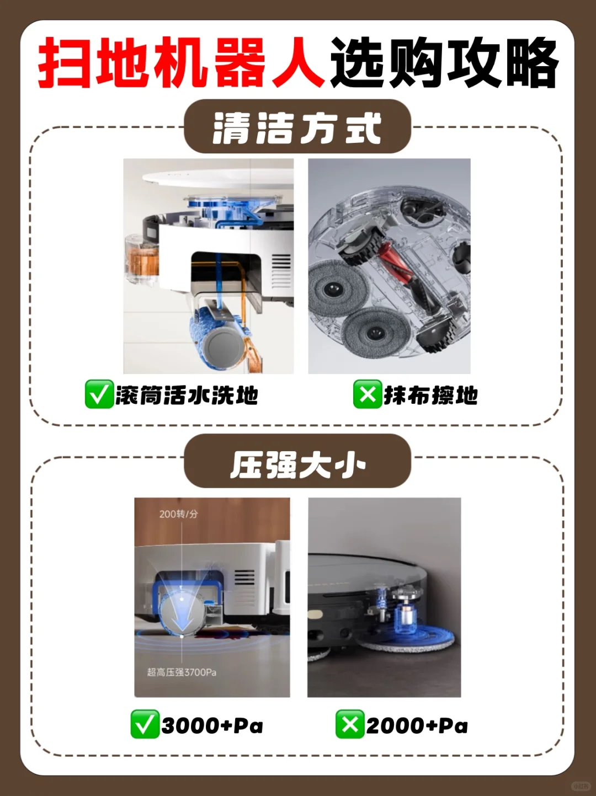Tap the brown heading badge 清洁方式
pyautogui.click(x=297, y=127)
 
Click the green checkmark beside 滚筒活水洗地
pyautogui.click(x=99, y=394)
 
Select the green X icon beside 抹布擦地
pyautogui.click(x=368, y=394)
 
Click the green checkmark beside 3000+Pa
pyautogui.click(x=145, y=724)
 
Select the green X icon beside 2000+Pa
pyautogui.click(x=350, y=724)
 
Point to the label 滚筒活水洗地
pyautogui.click(x=187, y=395)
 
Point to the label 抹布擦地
pyautogui.click(x=430, y=395)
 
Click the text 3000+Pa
pyautogui.click(x=212, y=725)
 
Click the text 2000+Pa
pyautogui.click(x=417, y=725)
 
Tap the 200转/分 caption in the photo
pyautogui.click(x=178, y=514)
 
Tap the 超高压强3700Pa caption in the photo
pyautogui.click(x=182, y=672)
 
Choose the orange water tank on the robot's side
pyautogui.click(x=142, y=259)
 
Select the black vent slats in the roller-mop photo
pyautogui.click(x=281, y=270)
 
